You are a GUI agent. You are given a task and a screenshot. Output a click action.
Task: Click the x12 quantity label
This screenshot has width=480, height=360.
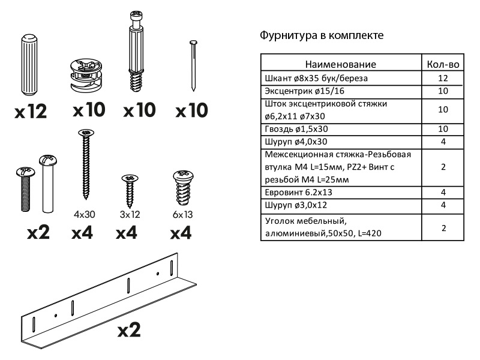32,111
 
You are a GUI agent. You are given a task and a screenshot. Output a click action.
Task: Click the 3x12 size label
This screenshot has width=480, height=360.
131,214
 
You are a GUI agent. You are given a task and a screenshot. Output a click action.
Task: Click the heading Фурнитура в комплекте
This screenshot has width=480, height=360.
321,35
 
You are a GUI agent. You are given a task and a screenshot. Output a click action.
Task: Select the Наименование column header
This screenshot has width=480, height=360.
340,64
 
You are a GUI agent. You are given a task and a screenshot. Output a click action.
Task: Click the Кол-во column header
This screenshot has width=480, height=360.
443,64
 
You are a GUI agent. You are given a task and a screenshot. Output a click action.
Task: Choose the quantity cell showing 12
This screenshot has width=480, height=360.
443,78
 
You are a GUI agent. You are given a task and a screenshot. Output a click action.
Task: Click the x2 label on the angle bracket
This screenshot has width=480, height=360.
128,329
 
